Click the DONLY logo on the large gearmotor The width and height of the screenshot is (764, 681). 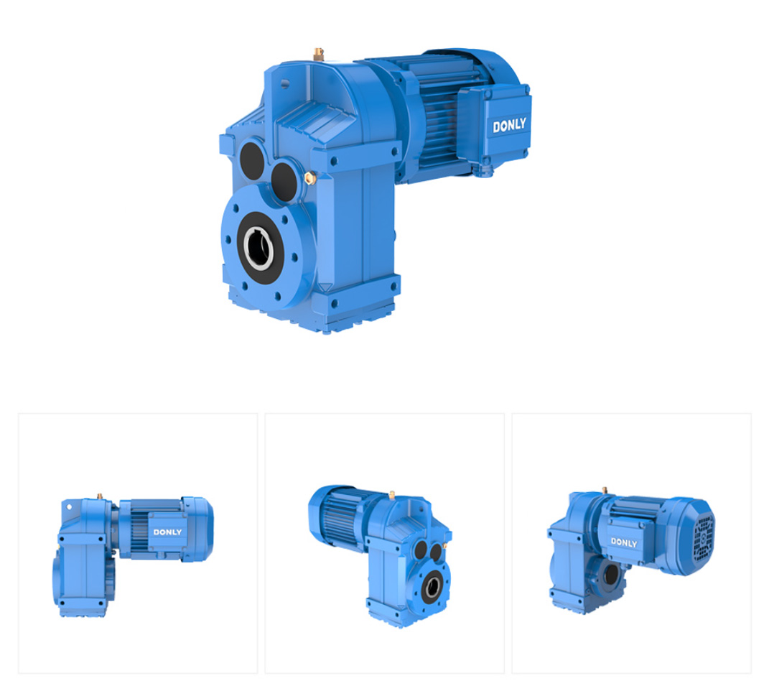tap(509, 126)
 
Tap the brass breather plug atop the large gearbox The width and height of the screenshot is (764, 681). tap(319, 54)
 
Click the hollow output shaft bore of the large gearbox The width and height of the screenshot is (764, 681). tap(258, 248)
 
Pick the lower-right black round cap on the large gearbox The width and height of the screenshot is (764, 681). tap(284, 182)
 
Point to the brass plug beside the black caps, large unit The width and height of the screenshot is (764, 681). tap(309, 178)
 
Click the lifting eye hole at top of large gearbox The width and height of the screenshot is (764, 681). tap(285, 84)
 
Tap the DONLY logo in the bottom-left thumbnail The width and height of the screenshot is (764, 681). tap(167, 532)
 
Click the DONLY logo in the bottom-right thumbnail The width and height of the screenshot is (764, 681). tap(624, 542)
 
